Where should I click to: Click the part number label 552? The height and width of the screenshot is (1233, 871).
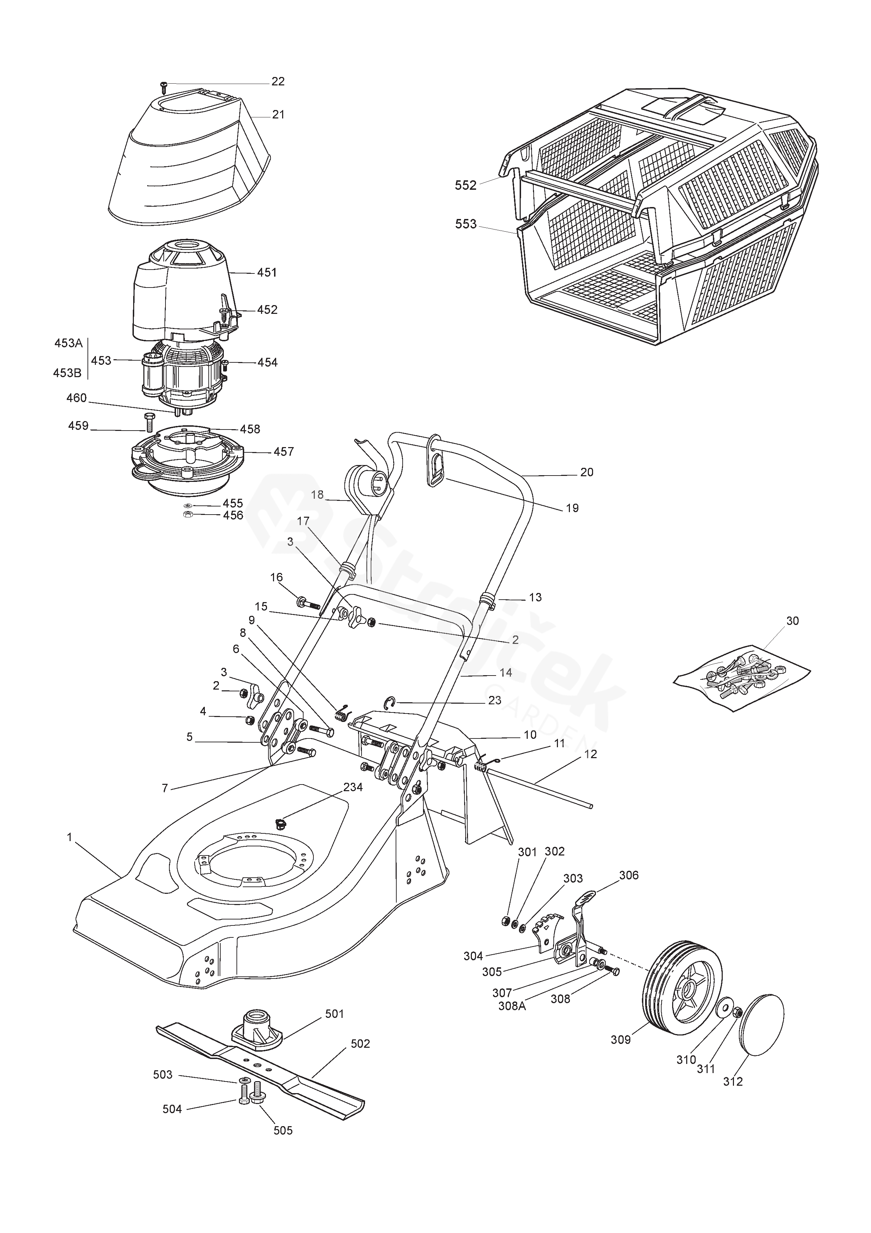pyautogui.click(x=465, y=185)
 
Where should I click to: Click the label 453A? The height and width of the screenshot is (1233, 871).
pyautogui.click(x=68, y=343)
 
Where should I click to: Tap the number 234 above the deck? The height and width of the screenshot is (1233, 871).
pyautogui.click(x=353, y=787)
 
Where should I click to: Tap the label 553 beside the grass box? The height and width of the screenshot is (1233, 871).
pyautogui.click(x=465, y=224)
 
